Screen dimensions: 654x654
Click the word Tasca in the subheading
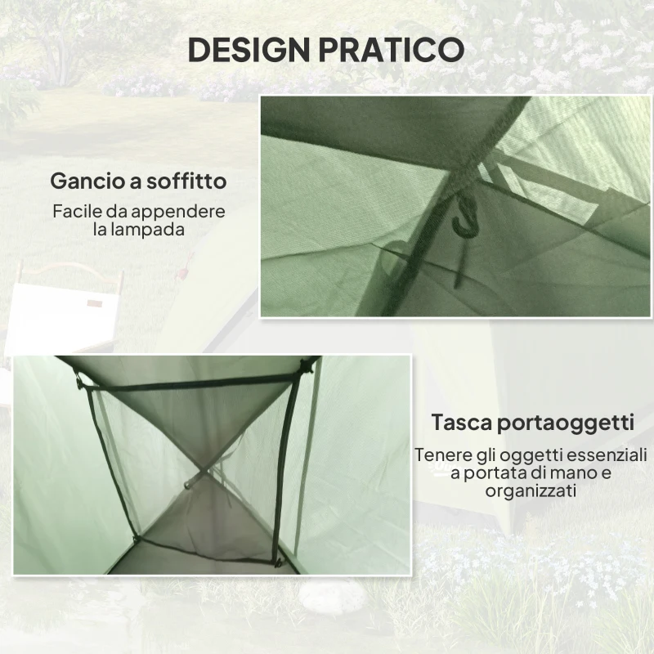click(x=460, y=423)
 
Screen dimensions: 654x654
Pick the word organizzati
click(x=531, y=491)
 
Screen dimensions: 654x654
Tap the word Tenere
click(x=442, y=455)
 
